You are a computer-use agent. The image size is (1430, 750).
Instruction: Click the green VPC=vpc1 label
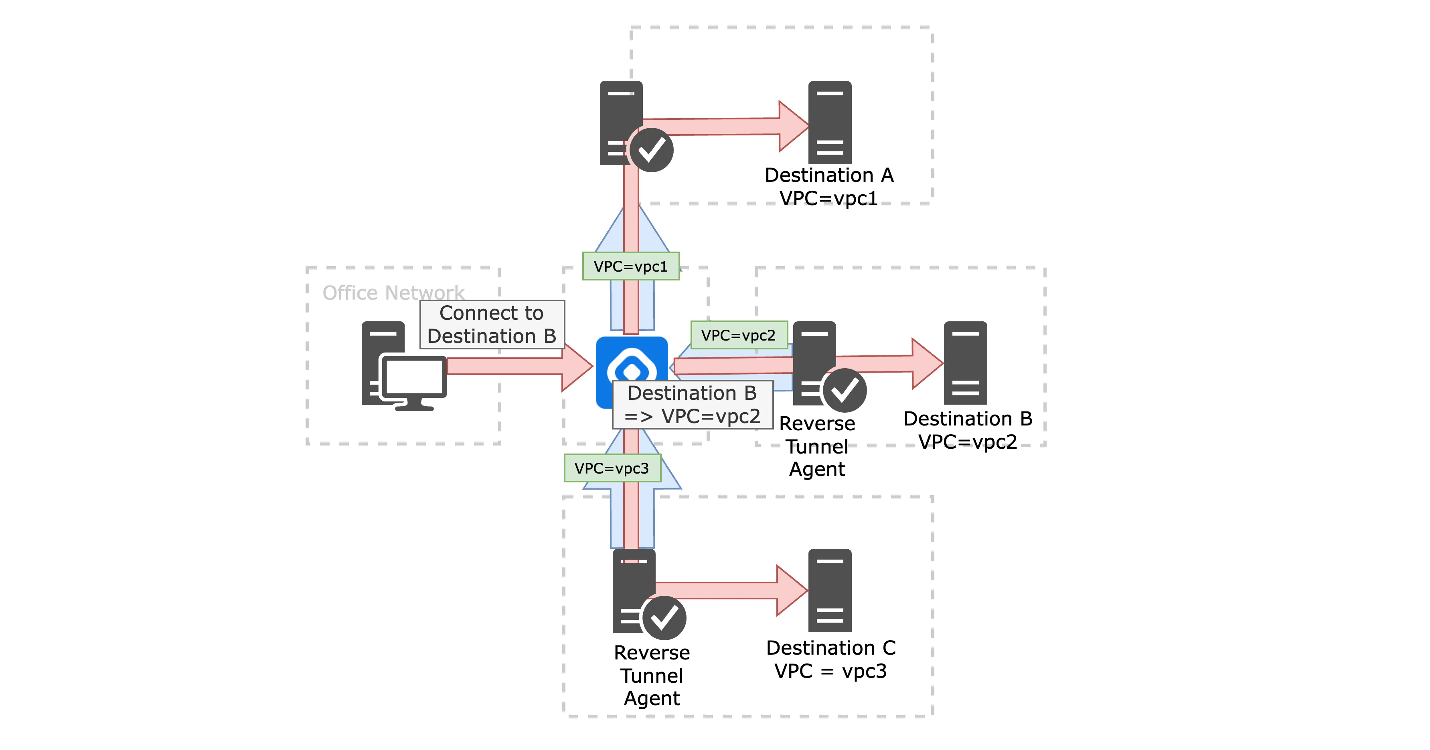pos(631,266)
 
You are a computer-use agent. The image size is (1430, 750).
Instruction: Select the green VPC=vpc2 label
pos(738,335)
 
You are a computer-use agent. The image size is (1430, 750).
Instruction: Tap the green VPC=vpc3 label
pos(612,468)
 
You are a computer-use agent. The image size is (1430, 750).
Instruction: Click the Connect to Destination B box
pos(492,325)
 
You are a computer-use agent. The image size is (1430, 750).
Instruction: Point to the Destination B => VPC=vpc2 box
pos(692,404)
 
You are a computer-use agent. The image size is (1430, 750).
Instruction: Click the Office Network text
pos(393,292)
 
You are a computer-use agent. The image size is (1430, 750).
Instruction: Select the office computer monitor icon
pos(413,380)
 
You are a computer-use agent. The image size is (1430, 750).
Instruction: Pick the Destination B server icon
pos(965,363)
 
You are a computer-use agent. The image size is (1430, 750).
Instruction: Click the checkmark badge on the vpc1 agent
pos(652,150)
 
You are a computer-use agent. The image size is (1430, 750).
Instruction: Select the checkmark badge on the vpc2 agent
pos(845,390)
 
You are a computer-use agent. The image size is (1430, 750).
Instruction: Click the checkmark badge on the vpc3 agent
pos(664,617)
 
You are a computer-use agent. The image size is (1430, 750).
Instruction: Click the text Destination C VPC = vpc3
pos(830,659)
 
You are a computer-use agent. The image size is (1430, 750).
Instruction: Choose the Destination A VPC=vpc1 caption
pos(829,186)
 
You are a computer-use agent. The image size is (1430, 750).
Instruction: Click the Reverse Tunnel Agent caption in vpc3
pos(652,675)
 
